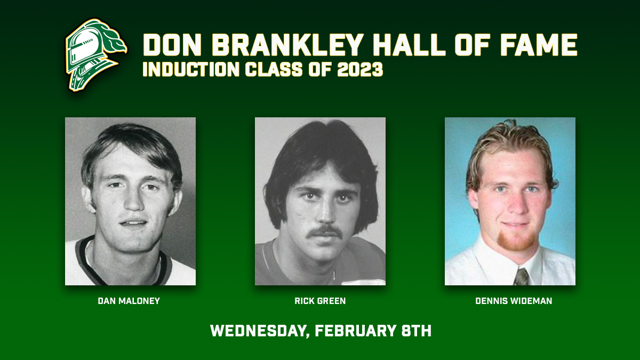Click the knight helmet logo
click(x=95, y=55)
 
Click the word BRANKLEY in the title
click(x=287, y=45)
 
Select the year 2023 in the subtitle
click(x=360, y=69)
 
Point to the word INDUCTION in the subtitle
click(x=191, y=69)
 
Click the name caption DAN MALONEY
click(x=129, y=301)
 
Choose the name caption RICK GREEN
click(x=320, y=301)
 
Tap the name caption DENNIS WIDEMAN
click(x=514, y=301)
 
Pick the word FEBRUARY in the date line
click(x=355, y=331)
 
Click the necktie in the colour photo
click(x=522, y=277)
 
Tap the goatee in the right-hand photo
click(x=516, y=242)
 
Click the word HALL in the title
click(x=409, y=45)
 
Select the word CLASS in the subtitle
click(x=274, y=69)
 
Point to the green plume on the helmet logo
click(x=113, y=40)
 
